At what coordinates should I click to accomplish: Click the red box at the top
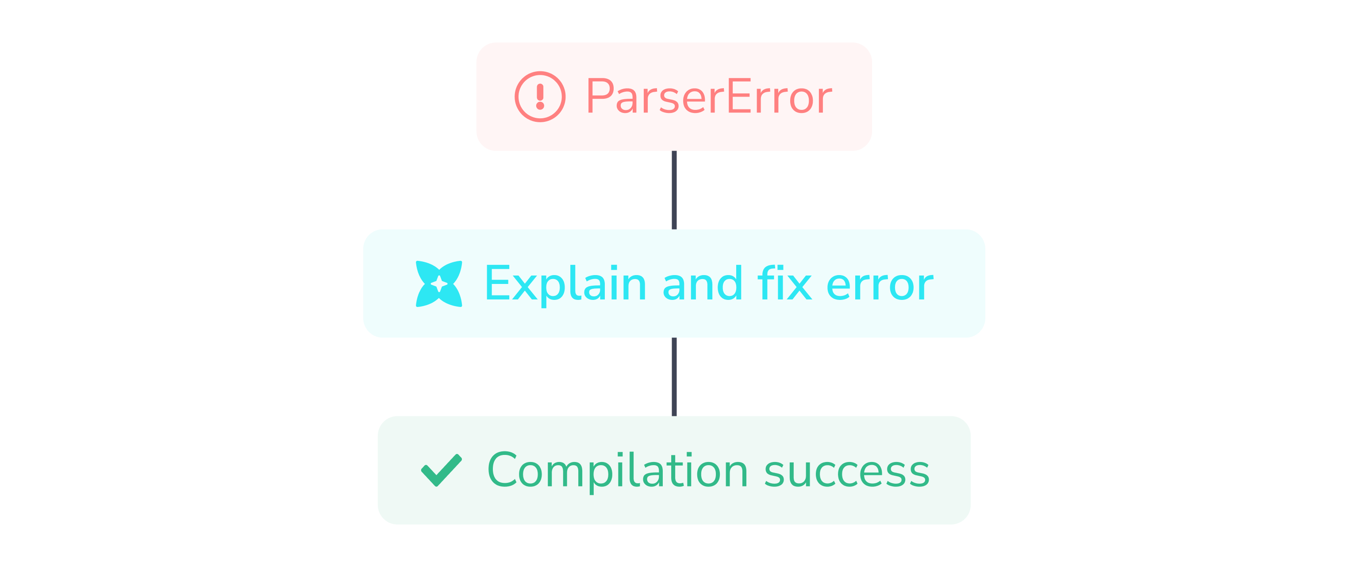[673, 97]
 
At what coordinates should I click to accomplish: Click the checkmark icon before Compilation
[442, 470]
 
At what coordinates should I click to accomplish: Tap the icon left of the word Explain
[442, 282]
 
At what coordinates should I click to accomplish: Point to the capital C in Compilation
[504, 470]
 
